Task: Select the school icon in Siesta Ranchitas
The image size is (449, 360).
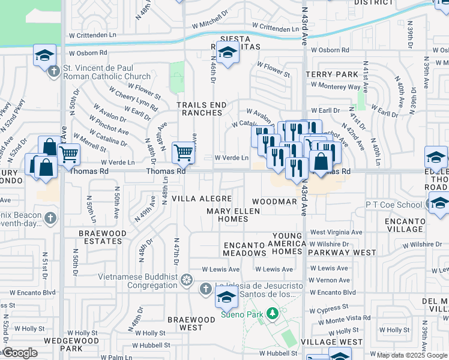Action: point(228,54)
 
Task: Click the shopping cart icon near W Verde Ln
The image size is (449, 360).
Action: point(183,152)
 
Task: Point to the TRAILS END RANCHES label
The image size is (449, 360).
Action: point(202,109)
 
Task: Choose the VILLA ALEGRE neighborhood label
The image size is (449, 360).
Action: point(202,198)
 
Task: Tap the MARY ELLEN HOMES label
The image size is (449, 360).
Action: point(233,215)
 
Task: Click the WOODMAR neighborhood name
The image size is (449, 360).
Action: point(274,202)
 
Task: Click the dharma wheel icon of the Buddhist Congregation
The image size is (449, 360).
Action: point(187,280)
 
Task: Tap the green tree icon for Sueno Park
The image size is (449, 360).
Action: point(273,313)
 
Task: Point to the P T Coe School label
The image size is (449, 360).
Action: point(394,205)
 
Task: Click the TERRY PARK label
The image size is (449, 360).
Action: point(331,74)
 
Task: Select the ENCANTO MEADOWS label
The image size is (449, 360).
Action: point(244,249)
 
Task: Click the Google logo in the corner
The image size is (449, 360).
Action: point(19,353)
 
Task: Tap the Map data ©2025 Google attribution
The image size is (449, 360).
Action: point(412,355)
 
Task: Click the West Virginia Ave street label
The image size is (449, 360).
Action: point(336,232)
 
